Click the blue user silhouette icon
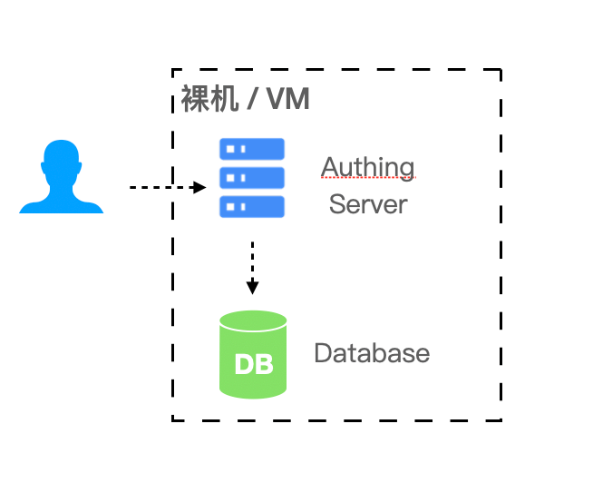click(x=62, y=180)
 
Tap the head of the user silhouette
click(x=62, y=161)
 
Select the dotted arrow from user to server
click(x=163, y=187)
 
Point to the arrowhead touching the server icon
click(x=202, y=187)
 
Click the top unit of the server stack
click(x=252, y=148)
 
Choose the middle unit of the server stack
click(x=252, y=177)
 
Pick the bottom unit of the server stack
click(x=252, y=206)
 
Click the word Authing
click(x=367, y=167)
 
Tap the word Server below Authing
click(x=368, y=203)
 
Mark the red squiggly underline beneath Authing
click(x=367, y=179)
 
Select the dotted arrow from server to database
click(x=252, y=263)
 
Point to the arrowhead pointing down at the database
click(x=252, y=288)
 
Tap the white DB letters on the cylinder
click(x=253, y=364)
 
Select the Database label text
click(x=372, y=352)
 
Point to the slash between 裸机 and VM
click(x=248, y=99)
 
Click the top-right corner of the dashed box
click(x=501, y=69)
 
